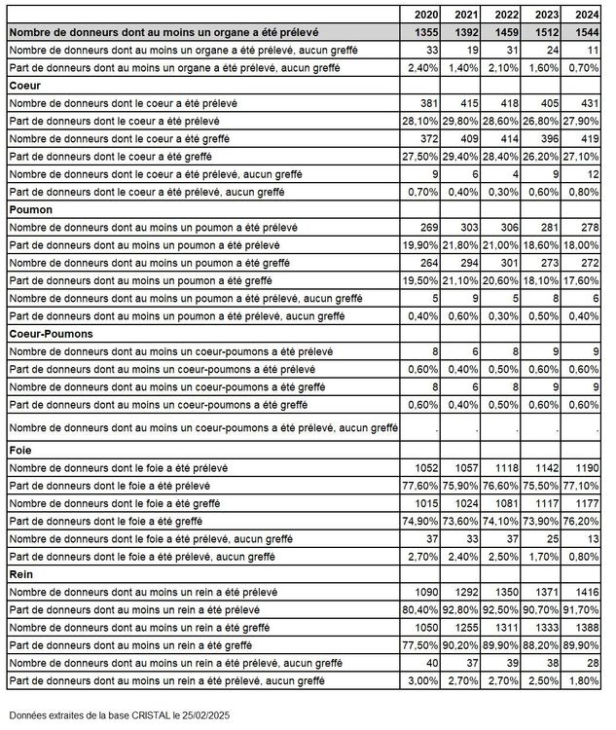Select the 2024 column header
587,15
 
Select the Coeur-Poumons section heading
50,333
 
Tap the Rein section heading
20,574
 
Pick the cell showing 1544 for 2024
587,32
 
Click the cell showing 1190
587,468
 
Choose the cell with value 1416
587,592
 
